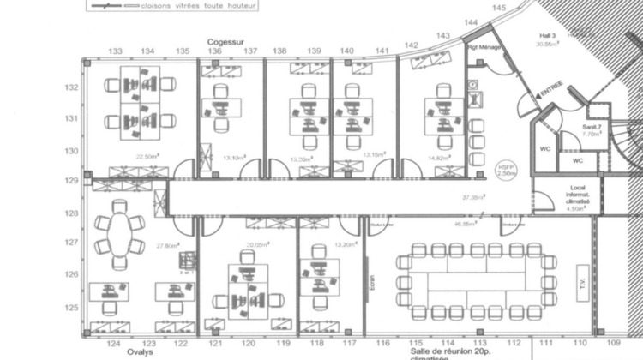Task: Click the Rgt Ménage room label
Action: (485, 47)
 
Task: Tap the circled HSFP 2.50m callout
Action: (506, 170)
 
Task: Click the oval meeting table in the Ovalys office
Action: (120, 234)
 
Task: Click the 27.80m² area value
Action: (167, 246)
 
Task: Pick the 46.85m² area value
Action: (464, 225)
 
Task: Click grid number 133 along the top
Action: (115, 51)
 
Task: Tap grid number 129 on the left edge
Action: (73, 181)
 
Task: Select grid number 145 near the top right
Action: (500, 8)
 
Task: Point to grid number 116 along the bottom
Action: (382, 343)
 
